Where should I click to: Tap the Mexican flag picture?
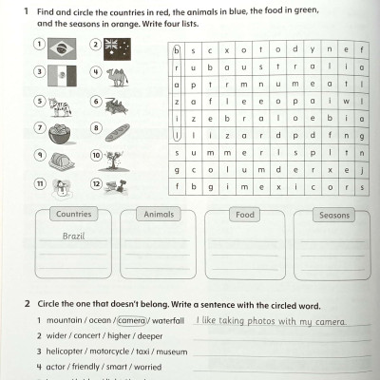61,75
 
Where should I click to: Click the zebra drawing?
61,104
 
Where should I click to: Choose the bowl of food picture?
61,131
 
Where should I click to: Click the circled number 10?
96,155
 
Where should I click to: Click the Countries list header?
74,215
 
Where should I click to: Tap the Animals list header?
158,215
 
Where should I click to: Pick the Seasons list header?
333,215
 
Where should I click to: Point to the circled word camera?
132,321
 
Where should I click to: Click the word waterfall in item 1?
166,321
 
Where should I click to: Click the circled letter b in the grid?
177,49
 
